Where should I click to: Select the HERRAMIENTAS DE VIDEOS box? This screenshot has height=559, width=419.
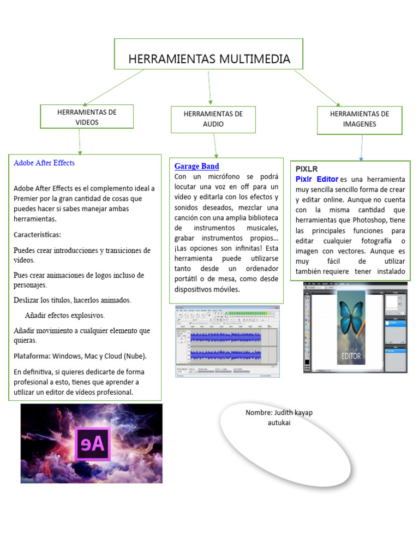(x=87, y=117)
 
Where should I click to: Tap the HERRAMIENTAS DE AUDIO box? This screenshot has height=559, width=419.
(x=213, y=119)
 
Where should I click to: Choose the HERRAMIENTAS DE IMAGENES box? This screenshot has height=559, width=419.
(x=360, y=119)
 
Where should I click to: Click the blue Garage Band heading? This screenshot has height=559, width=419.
(x=196, y=166)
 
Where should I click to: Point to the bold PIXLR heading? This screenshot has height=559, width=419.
(x=307, y=169)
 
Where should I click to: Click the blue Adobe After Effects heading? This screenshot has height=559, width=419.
(x=44, y=163)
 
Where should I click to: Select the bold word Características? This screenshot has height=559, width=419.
(x=38, y=235)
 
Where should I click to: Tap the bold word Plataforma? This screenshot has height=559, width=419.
(x=32, y=356)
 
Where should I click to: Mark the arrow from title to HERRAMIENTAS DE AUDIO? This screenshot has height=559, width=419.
(x=210, y=86)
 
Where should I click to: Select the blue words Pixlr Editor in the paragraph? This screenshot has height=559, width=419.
(x=317, y=179)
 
